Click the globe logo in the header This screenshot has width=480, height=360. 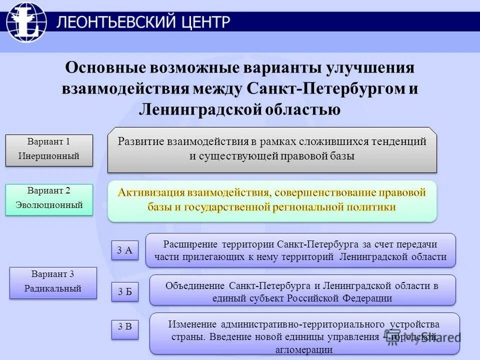pyautogui.click(x=26, y=22)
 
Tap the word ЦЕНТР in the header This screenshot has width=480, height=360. pyautogui.click(x=204, y=22)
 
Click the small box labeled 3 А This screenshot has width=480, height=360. pyautogui.click(x=124, y=251)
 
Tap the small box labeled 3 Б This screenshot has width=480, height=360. pyautogui.click(x=124, y=292)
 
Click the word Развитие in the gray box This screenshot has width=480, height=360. pyautogui.click(x=138, y=141)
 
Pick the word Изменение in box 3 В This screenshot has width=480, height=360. pyautogui.click(x=191, y=324)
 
